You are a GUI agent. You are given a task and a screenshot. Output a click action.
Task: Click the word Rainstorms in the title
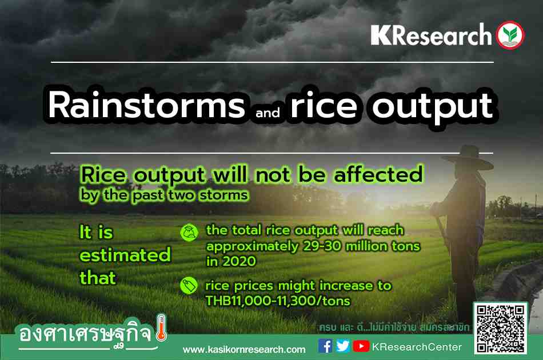[x=147, y=105]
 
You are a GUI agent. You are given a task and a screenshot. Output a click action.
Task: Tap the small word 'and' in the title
[x=267, y=113]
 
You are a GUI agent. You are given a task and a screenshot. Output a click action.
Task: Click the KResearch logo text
[x=431, y=35]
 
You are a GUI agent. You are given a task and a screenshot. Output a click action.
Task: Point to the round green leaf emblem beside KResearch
[x=510, y=35]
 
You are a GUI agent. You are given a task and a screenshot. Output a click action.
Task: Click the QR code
[x=500, y=329]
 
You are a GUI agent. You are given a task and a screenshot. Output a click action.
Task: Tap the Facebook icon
[x=325, y=346]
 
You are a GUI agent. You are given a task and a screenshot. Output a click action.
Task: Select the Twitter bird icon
[x=343, y=346]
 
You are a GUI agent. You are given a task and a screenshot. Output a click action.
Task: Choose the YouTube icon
[x=361, y=346]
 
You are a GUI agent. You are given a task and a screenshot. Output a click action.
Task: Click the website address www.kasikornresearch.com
[x=244, y=350]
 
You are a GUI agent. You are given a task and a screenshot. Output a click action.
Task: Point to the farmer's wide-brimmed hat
[x=469, y=158]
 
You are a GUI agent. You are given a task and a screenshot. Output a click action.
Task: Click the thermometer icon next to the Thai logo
[x=161, y=327]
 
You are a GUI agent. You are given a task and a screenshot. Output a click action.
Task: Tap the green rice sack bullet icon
[x=189, y=233]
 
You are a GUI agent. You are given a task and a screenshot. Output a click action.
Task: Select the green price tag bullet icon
[x=189, y=286]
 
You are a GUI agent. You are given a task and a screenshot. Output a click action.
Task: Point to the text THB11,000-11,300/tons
[x=278, y=301]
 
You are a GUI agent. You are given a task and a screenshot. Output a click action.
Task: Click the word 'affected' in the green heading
[x=378, y=174]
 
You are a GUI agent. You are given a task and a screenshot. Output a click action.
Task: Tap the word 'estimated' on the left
[x=125, y=255]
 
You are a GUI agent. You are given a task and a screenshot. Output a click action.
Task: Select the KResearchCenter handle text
[x=417, y=347]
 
